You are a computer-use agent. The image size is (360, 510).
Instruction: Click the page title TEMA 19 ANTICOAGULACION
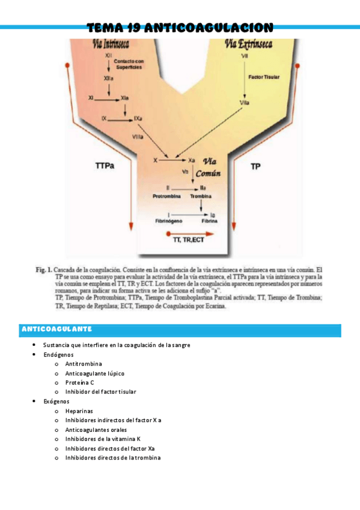[x=180, y=28]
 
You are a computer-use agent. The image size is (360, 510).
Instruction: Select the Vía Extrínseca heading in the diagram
[x=248, y=44]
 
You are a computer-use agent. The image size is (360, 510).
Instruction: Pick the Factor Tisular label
[x=263, y=77]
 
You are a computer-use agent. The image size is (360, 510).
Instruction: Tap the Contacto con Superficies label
[x=129, y=64]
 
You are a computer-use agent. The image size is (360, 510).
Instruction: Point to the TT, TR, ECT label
[x=190, y=239]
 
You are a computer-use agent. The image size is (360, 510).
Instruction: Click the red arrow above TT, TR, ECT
[x=189, y=231]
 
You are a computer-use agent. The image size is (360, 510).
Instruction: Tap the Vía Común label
[x=210, y=166]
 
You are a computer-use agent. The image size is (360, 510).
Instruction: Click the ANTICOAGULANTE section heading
[x=56, y=329]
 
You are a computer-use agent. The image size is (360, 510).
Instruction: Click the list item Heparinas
[x=79, y=411]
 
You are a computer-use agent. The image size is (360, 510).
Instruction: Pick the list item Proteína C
[x=79, y=382]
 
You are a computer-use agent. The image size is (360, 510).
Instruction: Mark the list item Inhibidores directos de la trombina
[x=113, y=458]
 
